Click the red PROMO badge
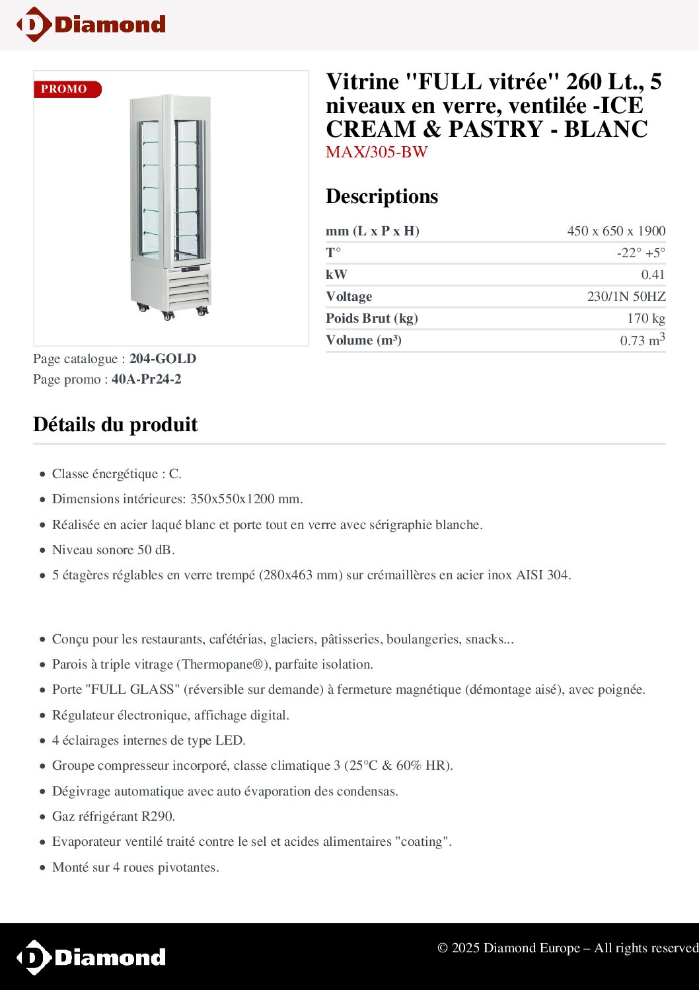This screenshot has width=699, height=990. [x=67, y=89]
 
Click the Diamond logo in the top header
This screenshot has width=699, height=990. [x=91, y=24]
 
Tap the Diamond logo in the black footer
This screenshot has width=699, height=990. [x=91, y=957]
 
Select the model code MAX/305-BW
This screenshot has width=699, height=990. [x=377, y=152]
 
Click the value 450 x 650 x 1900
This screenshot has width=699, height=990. [x=616, y=231]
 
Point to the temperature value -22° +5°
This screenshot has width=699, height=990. [x=641, y=253]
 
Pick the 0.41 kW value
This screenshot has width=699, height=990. [x=653, y=274]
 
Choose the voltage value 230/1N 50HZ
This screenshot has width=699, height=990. [x=626, y=296]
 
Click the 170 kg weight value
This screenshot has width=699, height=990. [x=645, y=318]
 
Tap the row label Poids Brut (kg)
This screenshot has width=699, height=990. [x=371, y=318]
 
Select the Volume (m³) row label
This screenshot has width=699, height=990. [x=363, y=340]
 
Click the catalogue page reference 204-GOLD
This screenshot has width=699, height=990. [x=163, y=358]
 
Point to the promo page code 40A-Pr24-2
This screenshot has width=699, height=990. [x=146, y=379]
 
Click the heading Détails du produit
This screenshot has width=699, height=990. [x=116, y=425]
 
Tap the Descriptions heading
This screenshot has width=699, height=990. [x=382, y=196]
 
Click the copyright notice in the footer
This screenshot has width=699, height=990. [x=567, y=948]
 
